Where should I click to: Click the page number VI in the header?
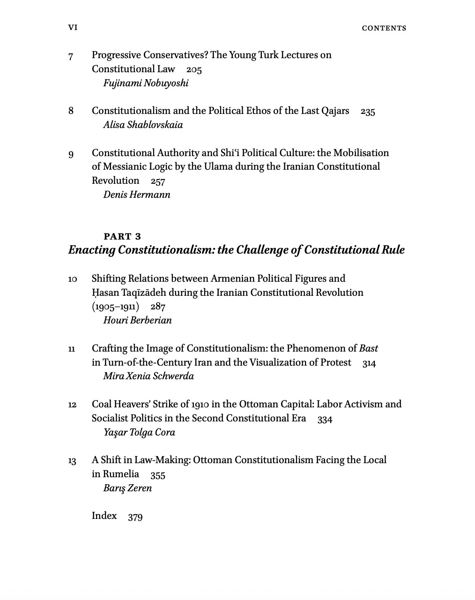point(73,28)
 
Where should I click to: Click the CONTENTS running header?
point(384,28)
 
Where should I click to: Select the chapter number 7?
point(71,56)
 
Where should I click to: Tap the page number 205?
point(194,70)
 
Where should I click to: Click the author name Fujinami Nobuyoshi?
point(146,83)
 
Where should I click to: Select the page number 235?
point(368,112)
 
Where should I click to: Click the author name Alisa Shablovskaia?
point(143,125)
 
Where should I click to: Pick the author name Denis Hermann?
point(137,195)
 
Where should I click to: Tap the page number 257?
point(158,181)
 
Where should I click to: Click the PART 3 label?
point(122,236)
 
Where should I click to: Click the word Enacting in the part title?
point(92,250)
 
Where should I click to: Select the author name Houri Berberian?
point(137,320)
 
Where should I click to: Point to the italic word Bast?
point(368,348)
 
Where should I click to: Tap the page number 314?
point(369,363)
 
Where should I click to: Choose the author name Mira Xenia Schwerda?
point(148,376)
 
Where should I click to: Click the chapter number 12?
point(72,405)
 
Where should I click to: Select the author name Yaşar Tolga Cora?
point(139,432)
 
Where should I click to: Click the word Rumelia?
point(121,474)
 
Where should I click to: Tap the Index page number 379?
point(135,517)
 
